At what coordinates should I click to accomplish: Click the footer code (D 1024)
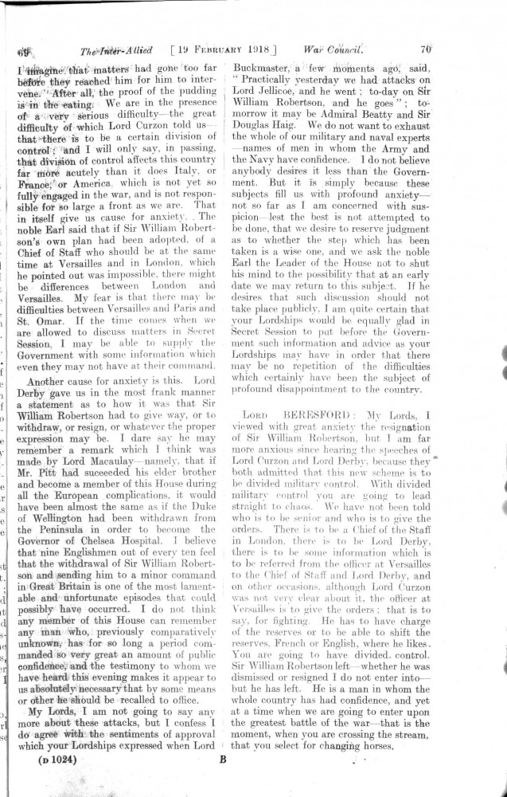[57, 760]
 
